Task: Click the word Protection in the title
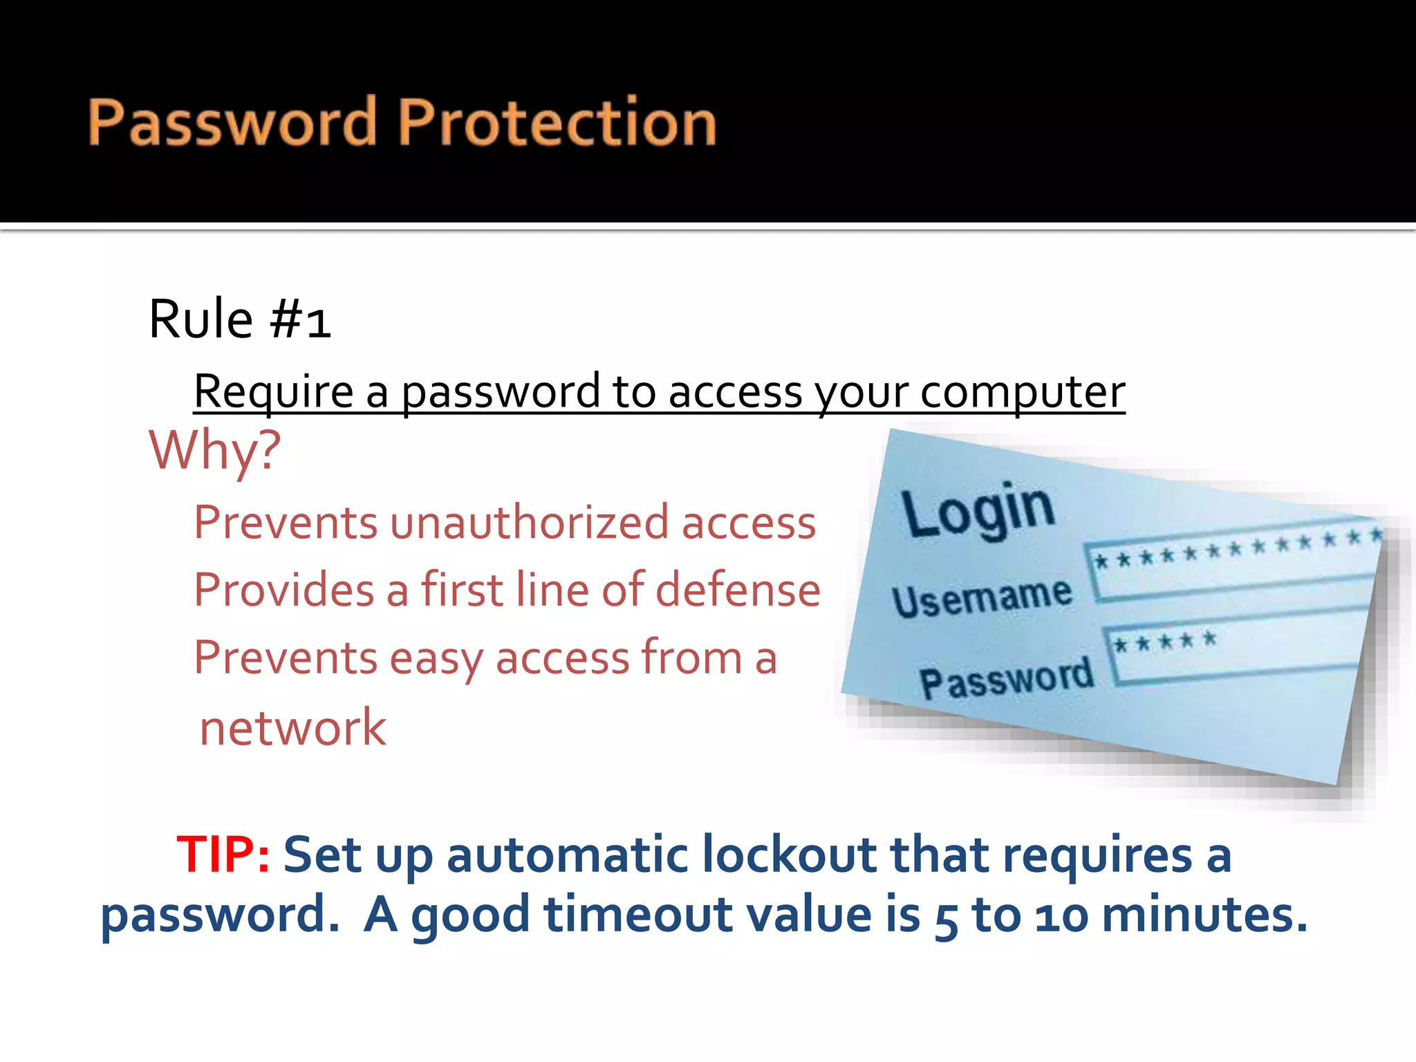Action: click(x=557, y=123)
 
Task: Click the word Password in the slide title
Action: click(x=232, y=123)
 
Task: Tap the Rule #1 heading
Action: click(x=239, y=319)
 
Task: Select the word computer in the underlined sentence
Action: click(x=1023, y=392)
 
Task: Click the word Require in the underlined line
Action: click(x=273, y=392)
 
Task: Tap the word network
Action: click(x=292, y=728)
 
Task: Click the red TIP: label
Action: click(x=223, y=855)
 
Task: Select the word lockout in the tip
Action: click(x=789, y=855)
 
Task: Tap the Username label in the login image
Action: click(x=982, y=596)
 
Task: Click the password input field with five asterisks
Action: click(x=1234, y=650)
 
